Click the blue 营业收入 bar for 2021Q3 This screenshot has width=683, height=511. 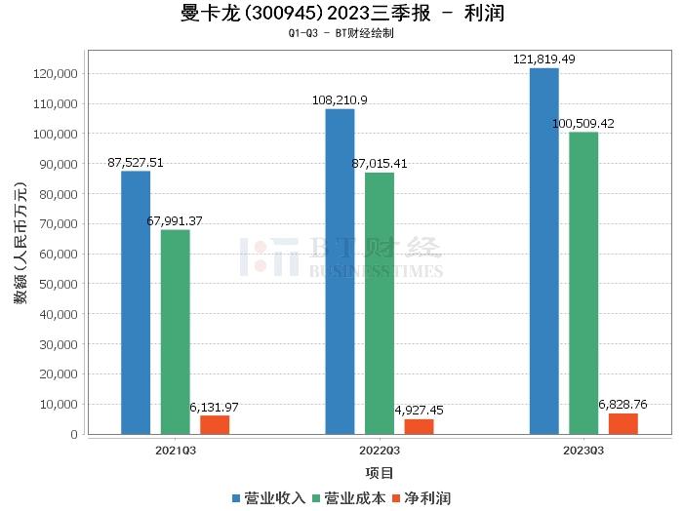tap(136, 302)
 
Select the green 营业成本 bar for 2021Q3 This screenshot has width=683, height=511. tap(176, 332)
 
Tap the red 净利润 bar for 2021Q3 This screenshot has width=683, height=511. tap(215, 424)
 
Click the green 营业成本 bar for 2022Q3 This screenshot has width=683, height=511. tap(380, 303)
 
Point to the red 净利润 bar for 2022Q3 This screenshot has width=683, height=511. tap(419, 426)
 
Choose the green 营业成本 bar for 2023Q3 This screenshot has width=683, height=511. tap(583, 283)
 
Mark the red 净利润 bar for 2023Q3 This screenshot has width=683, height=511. tap(623, 423)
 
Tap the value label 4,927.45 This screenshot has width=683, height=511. tap(419, 411)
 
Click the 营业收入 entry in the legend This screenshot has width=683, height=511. tap(268, 498)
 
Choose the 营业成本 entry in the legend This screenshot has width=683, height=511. tap(346, 498)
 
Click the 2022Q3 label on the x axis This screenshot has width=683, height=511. tap(380, 451)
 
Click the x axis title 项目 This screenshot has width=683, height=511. tap(380, 473)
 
